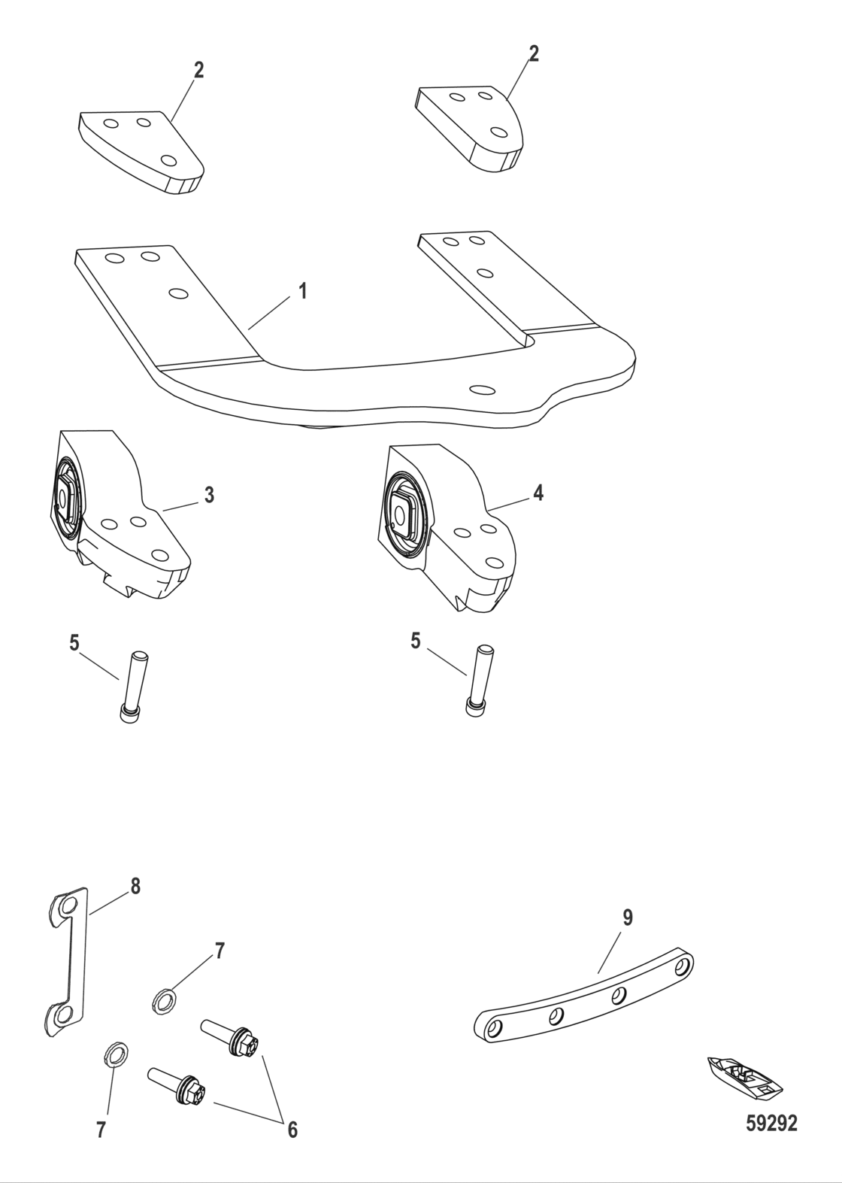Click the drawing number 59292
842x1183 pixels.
[771, 1124]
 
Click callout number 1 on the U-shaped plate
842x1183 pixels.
[302, 291]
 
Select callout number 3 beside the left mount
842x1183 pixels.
[209, 495]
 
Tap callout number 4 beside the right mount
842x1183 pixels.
[538, 493]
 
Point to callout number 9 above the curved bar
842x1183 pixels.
[628, 918]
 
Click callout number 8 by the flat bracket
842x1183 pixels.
[135, 886]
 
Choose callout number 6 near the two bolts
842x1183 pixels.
[292, 1129]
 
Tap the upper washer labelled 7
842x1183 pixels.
[162, 1001]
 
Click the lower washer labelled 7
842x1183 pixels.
[114, 1054]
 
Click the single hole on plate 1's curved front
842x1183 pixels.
[480, 390]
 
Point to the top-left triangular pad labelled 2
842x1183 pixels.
[141, 150]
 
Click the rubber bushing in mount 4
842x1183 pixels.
[405, 517]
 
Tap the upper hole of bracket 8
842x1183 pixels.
[68, 905]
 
